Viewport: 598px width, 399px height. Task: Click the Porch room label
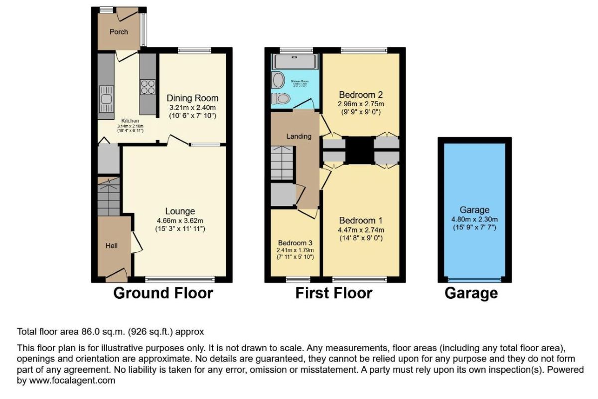119,32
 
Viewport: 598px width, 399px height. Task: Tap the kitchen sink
106,98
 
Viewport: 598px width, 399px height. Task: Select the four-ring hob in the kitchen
148,87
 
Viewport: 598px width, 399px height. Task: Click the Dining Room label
192,98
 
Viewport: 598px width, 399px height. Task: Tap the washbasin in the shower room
278,79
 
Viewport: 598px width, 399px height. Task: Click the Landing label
299,136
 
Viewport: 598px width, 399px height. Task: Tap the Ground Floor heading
163,293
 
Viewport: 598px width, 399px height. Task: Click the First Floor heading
333,293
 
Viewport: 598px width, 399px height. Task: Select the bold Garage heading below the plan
471,293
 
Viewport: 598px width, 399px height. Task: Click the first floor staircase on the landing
282,162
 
